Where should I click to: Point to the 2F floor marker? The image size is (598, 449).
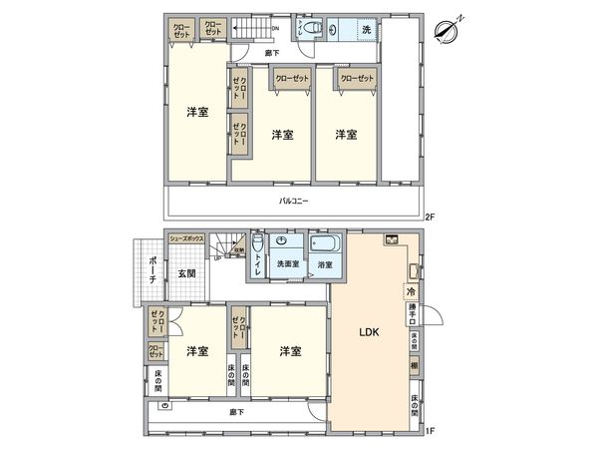tap(430, 217)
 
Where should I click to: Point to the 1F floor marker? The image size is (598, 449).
tap(430, 430)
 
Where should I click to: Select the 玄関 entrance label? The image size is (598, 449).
tap(187, 273)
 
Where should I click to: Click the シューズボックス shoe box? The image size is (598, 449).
tap(187, 239)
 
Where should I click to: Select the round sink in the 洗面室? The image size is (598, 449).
tap(282, 242)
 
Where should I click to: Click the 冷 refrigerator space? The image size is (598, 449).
tap(411, 291)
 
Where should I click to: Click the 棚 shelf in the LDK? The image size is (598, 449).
tap(413, 367)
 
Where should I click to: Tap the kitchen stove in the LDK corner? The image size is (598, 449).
tap(393, 240)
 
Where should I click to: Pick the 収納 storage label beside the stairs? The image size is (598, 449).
tap(239, 252)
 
